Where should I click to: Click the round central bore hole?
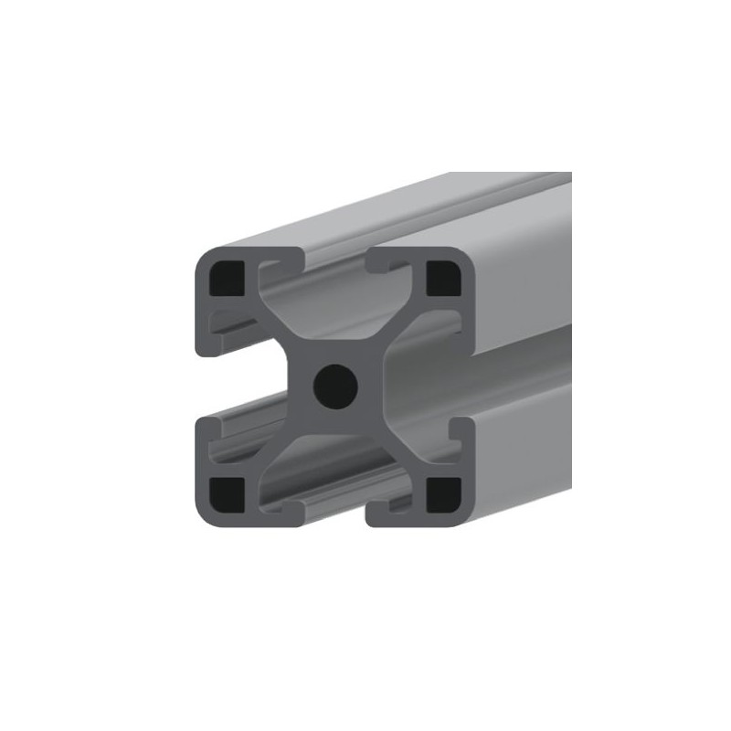(x=335, y=386)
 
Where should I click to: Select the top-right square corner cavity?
(x=444, y=278)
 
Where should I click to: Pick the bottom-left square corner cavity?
(x=227, y=493)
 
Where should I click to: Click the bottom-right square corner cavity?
(x=445, y=493)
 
